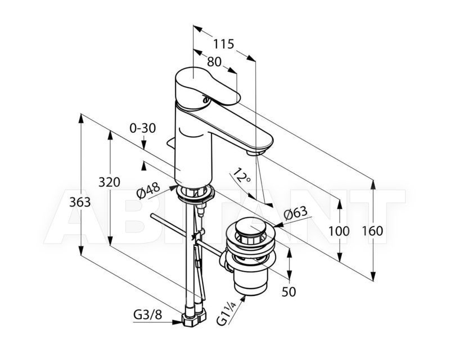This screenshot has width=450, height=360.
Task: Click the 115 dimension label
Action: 223,44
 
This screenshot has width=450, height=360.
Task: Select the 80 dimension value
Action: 214,61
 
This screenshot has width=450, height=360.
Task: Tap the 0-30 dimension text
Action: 143,128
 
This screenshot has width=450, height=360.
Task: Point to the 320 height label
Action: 109,182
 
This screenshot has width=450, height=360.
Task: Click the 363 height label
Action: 80,202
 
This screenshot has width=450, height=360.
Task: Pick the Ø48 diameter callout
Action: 148,191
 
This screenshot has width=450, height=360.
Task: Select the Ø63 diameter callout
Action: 295,213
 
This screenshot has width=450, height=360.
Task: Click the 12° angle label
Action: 241,175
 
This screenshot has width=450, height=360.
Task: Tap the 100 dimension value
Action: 339,231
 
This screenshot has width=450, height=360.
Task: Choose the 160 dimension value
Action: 372,231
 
